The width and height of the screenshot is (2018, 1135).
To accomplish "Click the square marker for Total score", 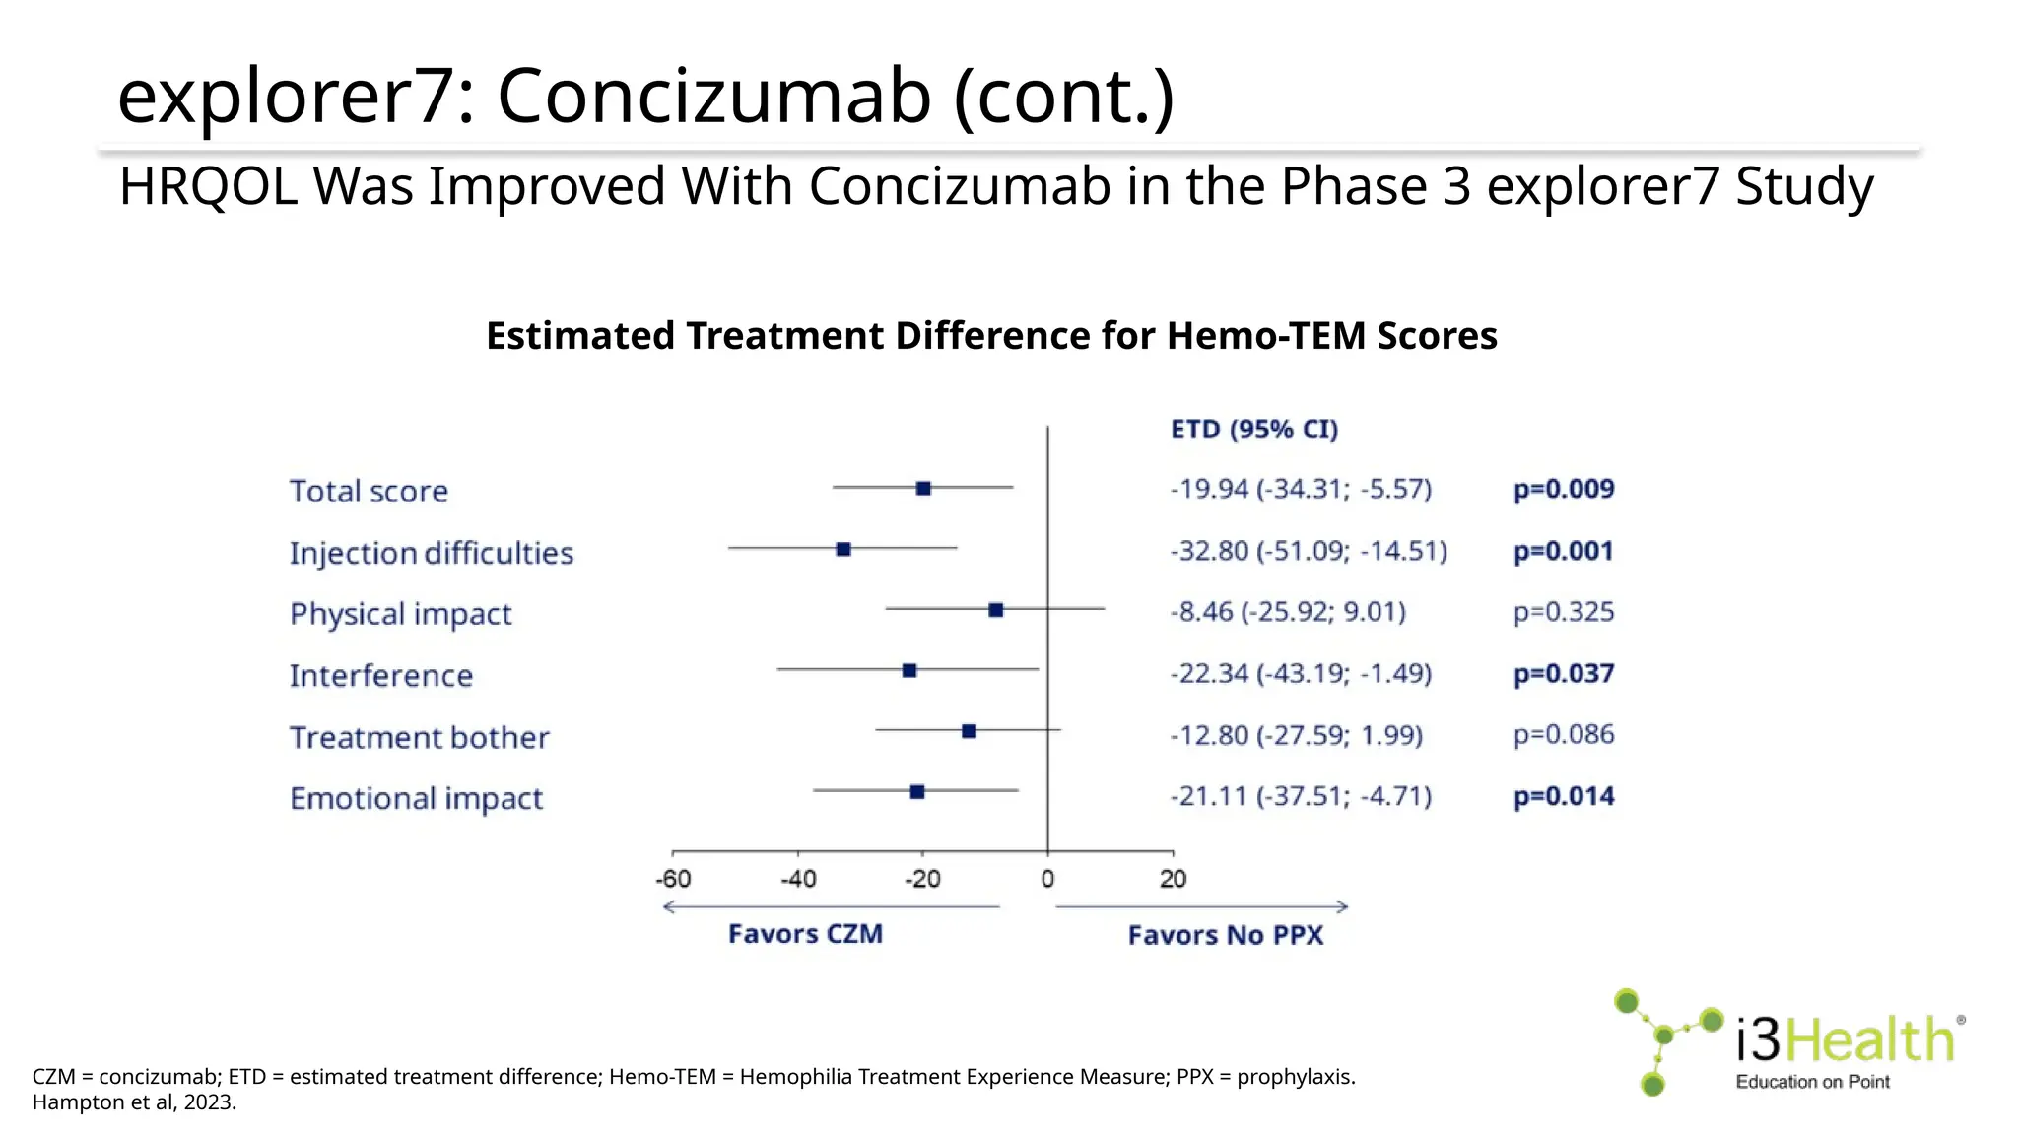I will point(923,489).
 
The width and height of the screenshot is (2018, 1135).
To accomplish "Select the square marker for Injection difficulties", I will point(843,549).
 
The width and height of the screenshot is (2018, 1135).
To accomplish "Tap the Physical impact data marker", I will point(996,610).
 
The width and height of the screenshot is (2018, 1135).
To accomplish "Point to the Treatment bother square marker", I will point(969,731).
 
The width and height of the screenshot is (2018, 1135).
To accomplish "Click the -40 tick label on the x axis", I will point(798,879).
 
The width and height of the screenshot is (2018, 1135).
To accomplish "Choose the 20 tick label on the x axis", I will point(1173,879).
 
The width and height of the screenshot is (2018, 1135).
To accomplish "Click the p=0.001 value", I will point(1564,551).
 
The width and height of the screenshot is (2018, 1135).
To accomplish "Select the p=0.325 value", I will point(1564,612).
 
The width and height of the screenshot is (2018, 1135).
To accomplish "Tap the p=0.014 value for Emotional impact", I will point(1564,796).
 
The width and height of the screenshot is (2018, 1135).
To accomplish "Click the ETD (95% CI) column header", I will point(1254,430).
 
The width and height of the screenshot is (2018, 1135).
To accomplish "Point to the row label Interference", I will point(381,676).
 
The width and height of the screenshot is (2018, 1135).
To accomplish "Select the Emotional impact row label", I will point(416,798).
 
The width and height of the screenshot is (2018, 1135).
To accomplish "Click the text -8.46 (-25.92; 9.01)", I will point(1288,612).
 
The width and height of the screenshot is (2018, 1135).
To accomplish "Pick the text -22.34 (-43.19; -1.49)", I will point(1301,674).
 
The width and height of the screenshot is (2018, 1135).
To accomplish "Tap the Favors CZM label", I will point(805,934).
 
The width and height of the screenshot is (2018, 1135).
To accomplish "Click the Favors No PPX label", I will point(1226,935).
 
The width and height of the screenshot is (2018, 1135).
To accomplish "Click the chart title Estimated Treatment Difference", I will point(991,336).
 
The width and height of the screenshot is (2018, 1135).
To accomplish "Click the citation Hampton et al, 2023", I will point(135,1102).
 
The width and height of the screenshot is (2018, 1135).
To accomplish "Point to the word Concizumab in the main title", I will point(714,97).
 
